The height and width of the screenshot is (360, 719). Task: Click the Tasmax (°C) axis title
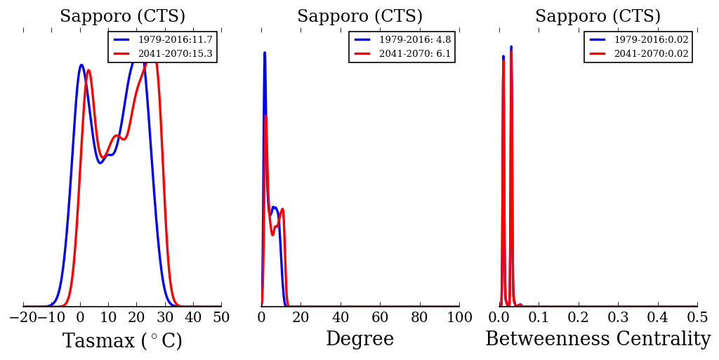[122, 341]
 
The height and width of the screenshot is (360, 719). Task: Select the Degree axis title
[359, 340]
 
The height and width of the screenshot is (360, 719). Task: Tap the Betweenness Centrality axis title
[598, 340]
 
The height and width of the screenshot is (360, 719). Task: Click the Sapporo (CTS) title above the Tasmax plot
[122, 16]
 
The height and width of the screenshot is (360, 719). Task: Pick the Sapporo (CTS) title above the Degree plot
[359, 16]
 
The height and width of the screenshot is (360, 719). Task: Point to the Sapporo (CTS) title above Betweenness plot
[598, 16]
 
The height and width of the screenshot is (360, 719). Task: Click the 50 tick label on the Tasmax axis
[221, 317]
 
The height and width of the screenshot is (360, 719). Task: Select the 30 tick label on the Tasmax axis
[165, 317]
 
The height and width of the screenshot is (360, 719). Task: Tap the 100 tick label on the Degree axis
[459, 317]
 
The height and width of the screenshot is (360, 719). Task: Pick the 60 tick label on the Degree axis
[380, 317]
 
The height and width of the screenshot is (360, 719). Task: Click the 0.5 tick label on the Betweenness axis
[697, 317]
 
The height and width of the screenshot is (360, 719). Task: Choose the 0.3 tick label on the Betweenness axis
[618, 317]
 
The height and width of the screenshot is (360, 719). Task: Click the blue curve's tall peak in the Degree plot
[264, 53]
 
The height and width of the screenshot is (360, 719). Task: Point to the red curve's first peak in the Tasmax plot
[88, 70]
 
